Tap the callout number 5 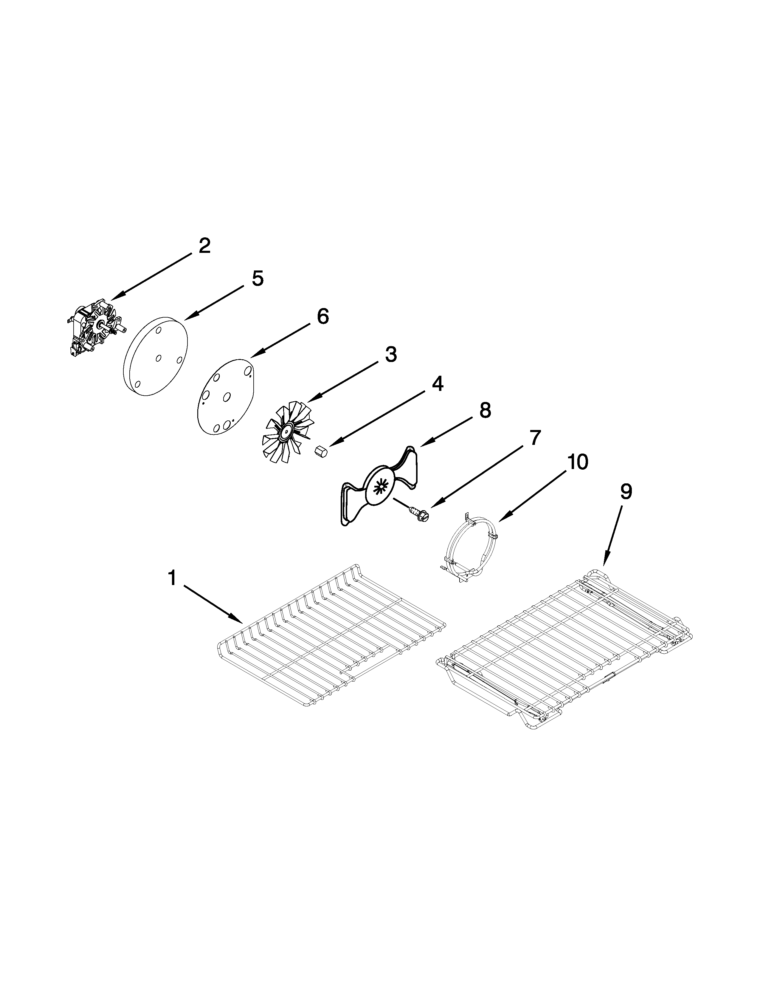tap(257, 279)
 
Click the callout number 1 tap(172, 578)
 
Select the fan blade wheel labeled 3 tap(286, 433)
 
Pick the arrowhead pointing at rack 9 tap(605, 561)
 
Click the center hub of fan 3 tap(285, 434)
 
